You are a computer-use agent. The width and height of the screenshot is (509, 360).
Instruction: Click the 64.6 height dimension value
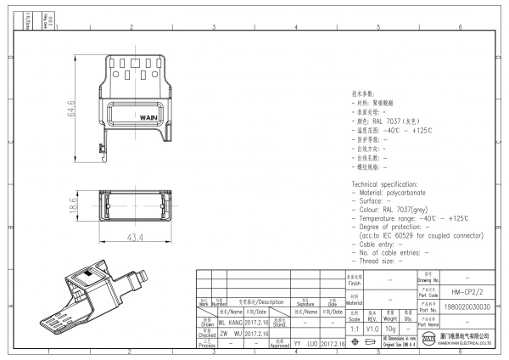(72, 109)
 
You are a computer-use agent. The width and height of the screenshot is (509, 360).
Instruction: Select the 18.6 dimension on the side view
(74, 205)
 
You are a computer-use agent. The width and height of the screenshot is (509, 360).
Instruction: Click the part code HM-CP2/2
(461, 291)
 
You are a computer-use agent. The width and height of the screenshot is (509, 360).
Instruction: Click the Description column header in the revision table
(265, 301)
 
